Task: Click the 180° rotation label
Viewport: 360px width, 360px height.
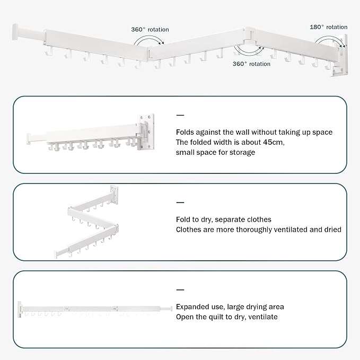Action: point(329,27)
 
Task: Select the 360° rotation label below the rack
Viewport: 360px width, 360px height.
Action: point(252,64)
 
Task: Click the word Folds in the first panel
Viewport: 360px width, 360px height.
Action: point(186,132)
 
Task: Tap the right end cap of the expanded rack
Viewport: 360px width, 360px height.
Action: point(171,307)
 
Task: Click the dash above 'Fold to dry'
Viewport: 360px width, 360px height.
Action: point(180,203)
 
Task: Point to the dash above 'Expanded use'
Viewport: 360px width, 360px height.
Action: point(180,290)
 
